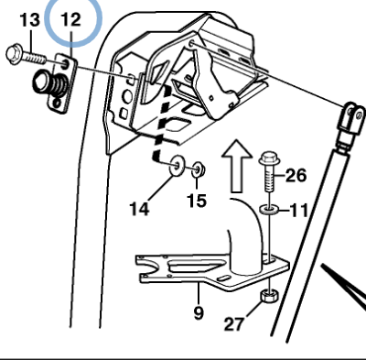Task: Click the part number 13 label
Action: tap(29, 17)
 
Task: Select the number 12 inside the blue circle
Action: tap(70, 19)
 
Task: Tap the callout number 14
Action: tap(138, 208)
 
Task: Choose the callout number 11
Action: tap(298, 211)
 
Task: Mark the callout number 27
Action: tap(237, 322)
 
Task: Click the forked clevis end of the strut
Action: tap(349, 120)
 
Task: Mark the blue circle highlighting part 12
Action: tap(70, 20)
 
